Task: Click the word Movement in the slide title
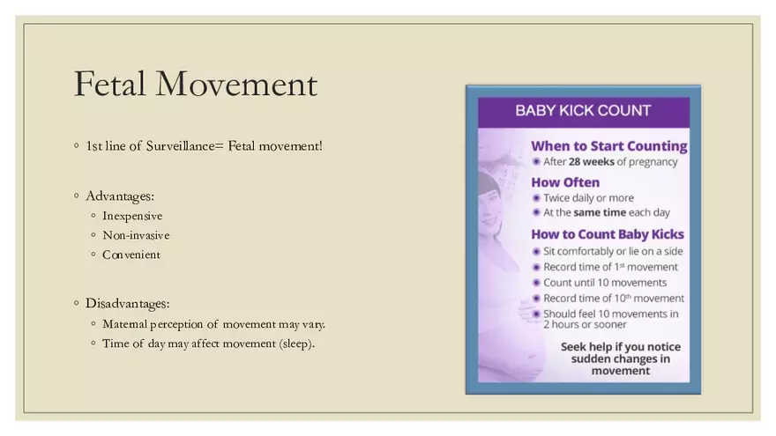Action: click(x=236, y=85)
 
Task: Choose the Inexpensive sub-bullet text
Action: click(x=132, y=216)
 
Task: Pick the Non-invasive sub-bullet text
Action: click(x=136, y=235)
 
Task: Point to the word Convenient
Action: click(x=131, y=255)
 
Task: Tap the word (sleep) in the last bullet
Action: click(x=297, y=344)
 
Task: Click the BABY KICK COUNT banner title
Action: click(x=583, y=111)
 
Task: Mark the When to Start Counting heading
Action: click(x=608, y=146)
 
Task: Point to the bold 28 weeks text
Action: click(x=589, y=162)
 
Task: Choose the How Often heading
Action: click(x=564, y=182)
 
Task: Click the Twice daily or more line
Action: click(x=588, y=198)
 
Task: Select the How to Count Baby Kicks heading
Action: click(x=607, y=234)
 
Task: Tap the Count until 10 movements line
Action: click(x=605, y=283)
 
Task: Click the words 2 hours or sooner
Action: click(x=585, y=325)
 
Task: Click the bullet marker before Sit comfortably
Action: click(x=536, y=252)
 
